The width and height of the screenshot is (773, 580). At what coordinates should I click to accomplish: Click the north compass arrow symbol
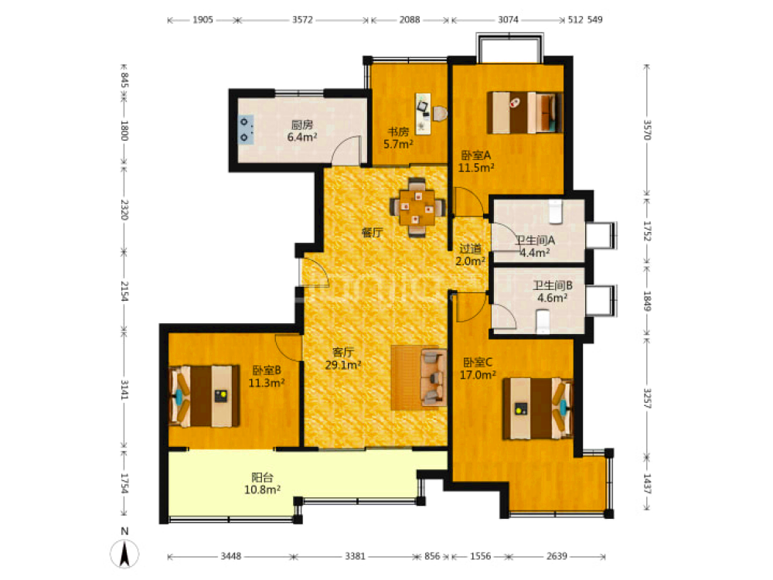(124, 554)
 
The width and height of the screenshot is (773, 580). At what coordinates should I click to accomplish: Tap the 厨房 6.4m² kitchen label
(302, 131)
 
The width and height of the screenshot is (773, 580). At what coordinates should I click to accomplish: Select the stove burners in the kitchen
(246, 129)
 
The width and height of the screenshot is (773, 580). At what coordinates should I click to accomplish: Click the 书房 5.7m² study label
(398, 138)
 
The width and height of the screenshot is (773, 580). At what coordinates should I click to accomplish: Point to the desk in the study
(423, 114)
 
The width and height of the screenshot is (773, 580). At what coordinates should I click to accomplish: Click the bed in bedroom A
(525, 112)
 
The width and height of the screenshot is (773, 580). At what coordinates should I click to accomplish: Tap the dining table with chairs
(417, 207)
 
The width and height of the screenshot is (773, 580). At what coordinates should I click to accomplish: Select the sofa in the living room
(433, 378)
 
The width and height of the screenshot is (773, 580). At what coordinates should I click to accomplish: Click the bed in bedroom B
(204, 396)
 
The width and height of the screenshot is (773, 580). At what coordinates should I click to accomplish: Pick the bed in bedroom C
(538, 408)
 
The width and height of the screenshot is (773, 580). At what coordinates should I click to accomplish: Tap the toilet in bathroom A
(556, 212)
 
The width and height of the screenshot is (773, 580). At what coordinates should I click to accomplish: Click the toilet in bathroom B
(543, 322)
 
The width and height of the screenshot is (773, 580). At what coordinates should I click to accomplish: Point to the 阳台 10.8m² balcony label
(262, 484)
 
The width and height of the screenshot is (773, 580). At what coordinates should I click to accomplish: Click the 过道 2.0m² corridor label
(470, 255)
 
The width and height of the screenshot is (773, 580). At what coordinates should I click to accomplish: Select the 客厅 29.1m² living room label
(343, 359)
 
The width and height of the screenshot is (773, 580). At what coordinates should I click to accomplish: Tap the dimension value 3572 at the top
(302, 20)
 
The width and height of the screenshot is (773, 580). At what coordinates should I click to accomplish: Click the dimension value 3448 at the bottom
(230, 556)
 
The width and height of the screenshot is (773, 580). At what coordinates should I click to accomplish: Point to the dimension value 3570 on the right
(647, 130)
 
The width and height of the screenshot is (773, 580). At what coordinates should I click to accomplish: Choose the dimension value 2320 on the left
(124, 210)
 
